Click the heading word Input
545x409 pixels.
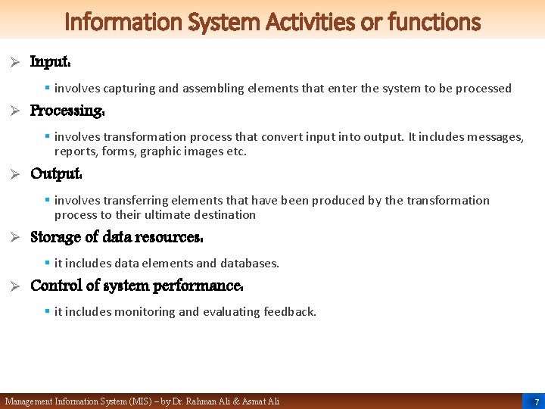pos(50,62)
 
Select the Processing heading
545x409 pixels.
pos(66,111)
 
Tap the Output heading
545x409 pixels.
pos(54,173)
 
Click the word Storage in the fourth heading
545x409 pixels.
pos(55,237)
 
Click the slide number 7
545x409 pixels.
pos(537,401)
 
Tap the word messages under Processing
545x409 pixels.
pos(495,137)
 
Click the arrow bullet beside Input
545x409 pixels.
pos(14,62)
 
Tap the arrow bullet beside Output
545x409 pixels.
pos(14,173)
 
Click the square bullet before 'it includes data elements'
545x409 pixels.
pos(47,264)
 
